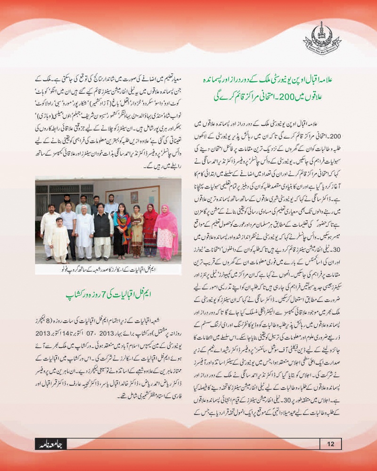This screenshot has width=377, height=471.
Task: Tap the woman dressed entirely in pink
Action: tap(166, 231)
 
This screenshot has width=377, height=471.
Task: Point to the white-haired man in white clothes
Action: tap(85, 231)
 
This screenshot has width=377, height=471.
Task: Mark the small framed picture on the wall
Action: tap(135, 196)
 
